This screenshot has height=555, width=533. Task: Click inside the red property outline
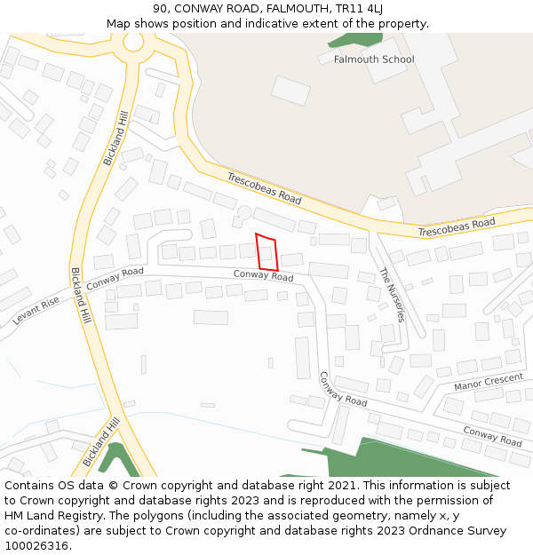point(266,252)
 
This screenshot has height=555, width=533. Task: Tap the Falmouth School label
point(374,59)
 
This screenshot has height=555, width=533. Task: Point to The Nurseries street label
point(392,294)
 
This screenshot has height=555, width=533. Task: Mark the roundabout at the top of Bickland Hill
point(133,42)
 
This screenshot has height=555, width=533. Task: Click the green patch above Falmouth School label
point(354,40)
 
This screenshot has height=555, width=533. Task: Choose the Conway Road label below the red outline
point(263,275)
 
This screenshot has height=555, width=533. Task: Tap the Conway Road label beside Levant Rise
point(115,279)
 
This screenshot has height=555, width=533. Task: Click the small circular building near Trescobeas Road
point(244,212)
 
